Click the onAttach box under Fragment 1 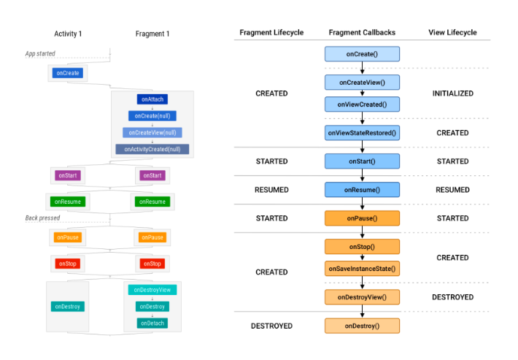152,99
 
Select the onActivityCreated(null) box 152,149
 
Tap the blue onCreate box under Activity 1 67,73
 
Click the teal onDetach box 152,323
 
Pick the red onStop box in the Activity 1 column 67,263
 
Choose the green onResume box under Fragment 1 152,201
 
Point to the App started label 40,54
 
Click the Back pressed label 42,218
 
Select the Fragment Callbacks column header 362,33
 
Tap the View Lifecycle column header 452,33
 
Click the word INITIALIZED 452,93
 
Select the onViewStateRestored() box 362,133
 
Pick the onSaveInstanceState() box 362,269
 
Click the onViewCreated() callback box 362,104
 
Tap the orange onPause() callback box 362,218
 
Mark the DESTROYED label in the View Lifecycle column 452,297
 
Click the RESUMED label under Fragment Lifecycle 271,190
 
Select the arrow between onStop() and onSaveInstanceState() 362,257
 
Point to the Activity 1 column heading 68,34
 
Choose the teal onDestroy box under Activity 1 67,307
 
